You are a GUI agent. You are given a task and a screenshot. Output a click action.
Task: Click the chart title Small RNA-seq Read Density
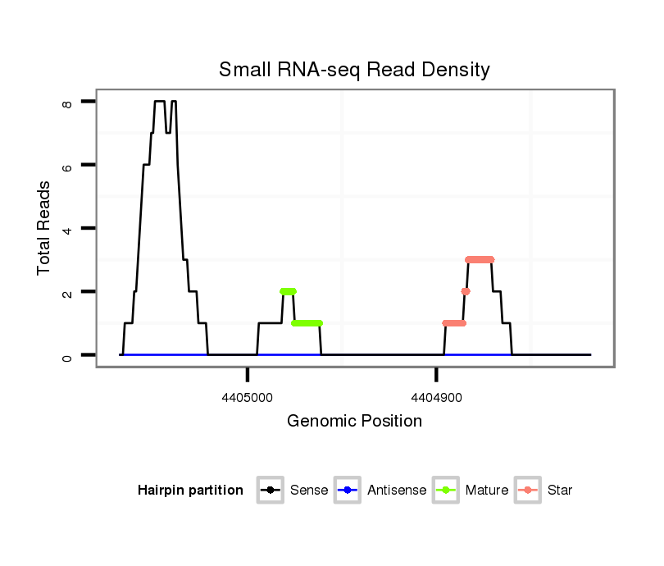click(354, 70)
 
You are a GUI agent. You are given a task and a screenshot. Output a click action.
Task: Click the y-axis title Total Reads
click(44, 228)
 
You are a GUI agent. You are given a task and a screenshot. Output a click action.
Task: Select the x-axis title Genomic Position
click(354, 422)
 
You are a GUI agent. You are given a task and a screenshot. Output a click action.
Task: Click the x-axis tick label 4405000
click(248, 396)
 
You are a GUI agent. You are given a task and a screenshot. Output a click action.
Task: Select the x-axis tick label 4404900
click(436, 396)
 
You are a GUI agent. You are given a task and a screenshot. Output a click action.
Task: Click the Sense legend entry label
click(309, 491)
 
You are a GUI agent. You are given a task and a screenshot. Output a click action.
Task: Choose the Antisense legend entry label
click(397, 491)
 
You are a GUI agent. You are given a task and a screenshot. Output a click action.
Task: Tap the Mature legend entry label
click(487, 491)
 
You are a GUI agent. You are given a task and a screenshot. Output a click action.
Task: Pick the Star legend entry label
click(560, 491)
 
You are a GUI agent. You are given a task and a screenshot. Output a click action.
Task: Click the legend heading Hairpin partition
click(190, 491)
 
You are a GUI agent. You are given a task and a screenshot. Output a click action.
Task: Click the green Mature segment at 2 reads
click(288, 291)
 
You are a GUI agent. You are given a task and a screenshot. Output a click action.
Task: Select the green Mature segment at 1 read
click(307, 323)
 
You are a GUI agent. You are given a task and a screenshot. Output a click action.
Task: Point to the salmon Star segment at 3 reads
click(480, 259)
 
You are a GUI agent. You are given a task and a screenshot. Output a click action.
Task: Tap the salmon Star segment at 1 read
click(454, 323)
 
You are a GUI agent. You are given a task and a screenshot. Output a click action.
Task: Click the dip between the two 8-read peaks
click(168, 131)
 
